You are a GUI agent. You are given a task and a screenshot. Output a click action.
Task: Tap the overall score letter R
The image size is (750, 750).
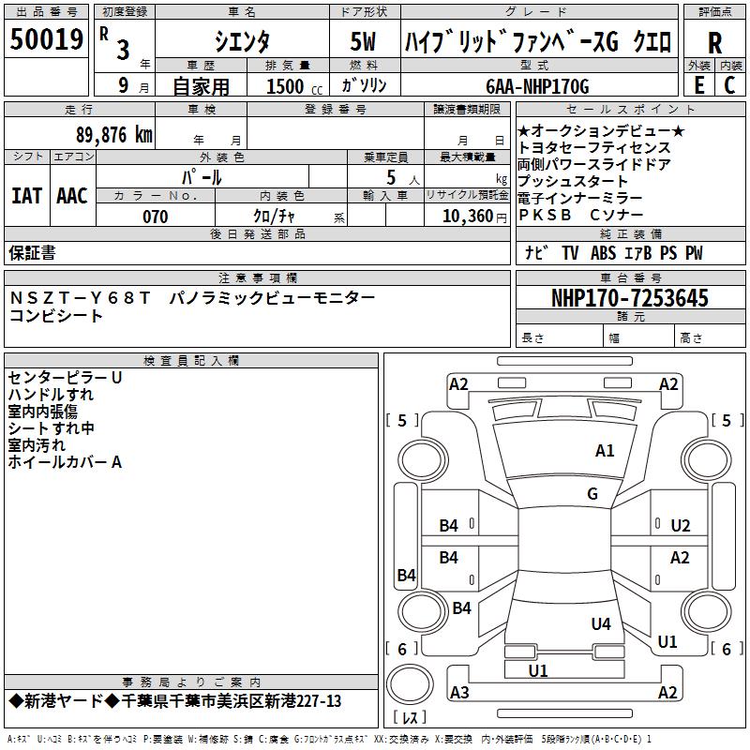[714, 43]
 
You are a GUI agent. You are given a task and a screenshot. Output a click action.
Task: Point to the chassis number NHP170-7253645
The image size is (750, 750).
[629, 299]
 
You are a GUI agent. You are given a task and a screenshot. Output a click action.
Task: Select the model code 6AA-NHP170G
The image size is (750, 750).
[537, 86]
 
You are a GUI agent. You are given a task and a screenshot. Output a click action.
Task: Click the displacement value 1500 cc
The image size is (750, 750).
[292, 87]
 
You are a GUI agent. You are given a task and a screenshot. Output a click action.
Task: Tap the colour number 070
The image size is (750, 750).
[155, 217]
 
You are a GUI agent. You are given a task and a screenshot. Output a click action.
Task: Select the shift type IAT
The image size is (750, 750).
[26, 196]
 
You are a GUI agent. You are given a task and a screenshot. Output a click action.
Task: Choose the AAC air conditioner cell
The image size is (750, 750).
[71, 196]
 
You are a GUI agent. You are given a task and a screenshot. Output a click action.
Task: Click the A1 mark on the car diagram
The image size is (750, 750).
[605, 451]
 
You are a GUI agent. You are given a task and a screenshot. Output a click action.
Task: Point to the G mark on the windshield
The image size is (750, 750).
[592, 494]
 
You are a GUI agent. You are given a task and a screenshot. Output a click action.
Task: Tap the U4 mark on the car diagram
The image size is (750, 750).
[601, 623]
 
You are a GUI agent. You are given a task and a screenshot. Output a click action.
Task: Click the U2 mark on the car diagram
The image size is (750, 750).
[681, 525]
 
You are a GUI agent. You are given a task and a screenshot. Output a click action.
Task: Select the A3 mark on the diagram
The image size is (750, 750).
[459, 693]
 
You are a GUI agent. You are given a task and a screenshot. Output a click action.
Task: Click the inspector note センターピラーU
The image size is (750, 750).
[65, 377]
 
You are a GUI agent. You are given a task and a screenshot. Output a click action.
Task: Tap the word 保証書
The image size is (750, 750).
[32, 253]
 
